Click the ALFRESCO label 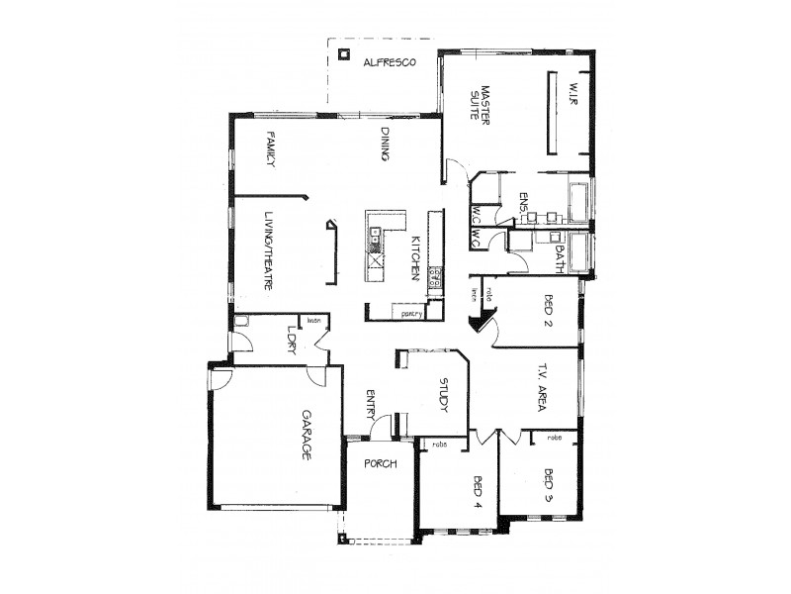coord(389,62)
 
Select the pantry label coord(412,313)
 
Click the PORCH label coord(381,463)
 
